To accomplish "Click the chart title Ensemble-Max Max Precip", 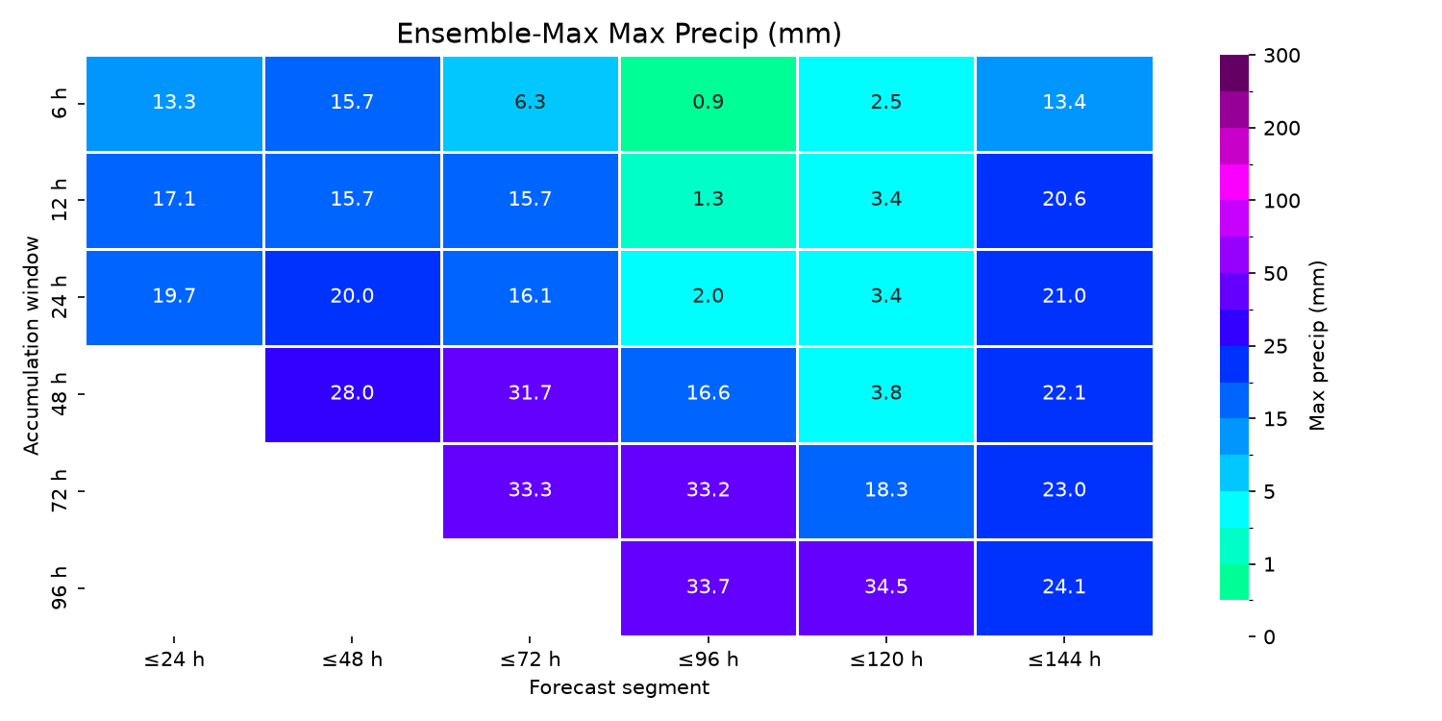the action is (x=619, y=34).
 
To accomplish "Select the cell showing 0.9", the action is (x=709, y=104).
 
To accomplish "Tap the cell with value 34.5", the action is (x=885, y=588).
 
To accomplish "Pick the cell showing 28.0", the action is (x=352, y=394).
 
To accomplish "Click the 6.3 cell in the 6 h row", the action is (x=530, y=104).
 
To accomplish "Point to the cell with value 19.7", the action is (x=174, y=297).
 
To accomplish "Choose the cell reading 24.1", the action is (x=1064, y=588).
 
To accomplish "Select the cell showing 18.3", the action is (x=885, y=491).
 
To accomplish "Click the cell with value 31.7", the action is (x=530, y=394).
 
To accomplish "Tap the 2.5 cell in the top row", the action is (x=885, y=104).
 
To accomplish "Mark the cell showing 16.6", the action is (x=709, y=394).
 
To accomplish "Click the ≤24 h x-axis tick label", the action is (x=174, y=659).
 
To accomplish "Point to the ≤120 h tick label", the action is (x=885, y=659).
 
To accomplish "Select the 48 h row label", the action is (x=59, y=394).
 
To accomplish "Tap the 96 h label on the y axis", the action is (x=59, y=587).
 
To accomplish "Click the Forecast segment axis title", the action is (x=619, y=688).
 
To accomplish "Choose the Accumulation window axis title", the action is (x=31, y=346).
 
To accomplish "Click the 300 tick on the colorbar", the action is (x=1281, y=56).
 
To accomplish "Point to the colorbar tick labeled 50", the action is (x=1276, y=274).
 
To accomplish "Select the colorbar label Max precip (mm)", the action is (x=1317, y=346).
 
